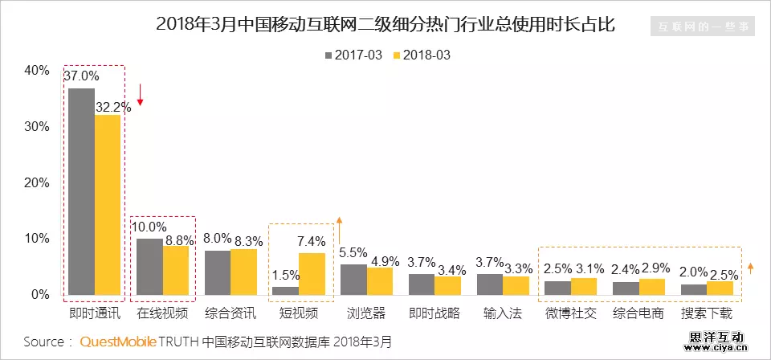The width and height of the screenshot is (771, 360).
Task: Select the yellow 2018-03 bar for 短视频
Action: [x=312, y=274]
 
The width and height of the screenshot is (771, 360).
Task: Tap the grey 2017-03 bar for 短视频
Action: [x=285, y=290]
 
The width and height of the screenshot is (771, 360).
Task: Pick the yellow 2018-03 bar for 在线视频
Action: [x=176, y=270]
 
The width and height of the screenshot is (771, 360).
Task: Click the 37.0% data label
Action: [x=81, y=76]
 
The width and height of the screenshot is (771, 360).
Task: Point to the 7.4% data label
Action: [x=312, y=241]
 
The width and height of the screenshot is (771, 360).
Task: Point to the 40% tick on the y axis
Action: [x=36, y=71]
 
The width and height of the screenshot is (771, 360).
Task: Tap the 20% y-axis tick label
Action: [x=36, y=182]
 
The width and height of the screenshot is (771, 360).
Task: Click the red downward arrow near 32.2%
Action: [x=140, y=95]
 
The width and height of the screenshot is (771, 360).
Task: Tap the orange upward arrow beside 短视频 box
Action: [x=340, y=230]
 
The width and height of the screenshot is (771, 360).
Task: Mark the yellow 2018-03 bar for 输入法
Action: [x=517, y=285]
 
